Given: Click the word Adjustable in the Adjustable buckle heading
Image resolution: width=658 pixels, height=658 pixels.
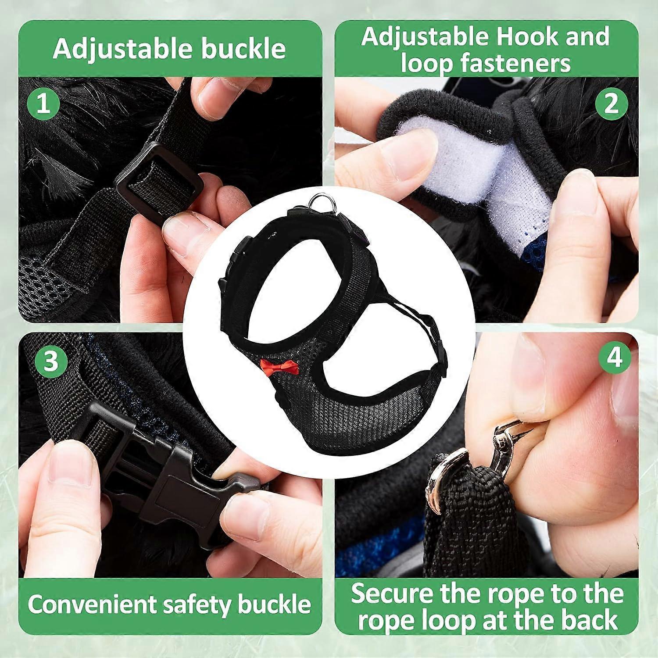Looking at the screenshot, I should (124, 49).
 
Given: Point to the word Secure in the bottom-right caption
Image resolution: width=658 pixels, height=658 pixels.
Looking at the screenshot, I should (392, 594).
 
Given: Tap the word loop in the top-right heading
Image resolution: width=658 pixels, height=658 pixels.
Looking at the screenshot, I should (426, 64).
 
